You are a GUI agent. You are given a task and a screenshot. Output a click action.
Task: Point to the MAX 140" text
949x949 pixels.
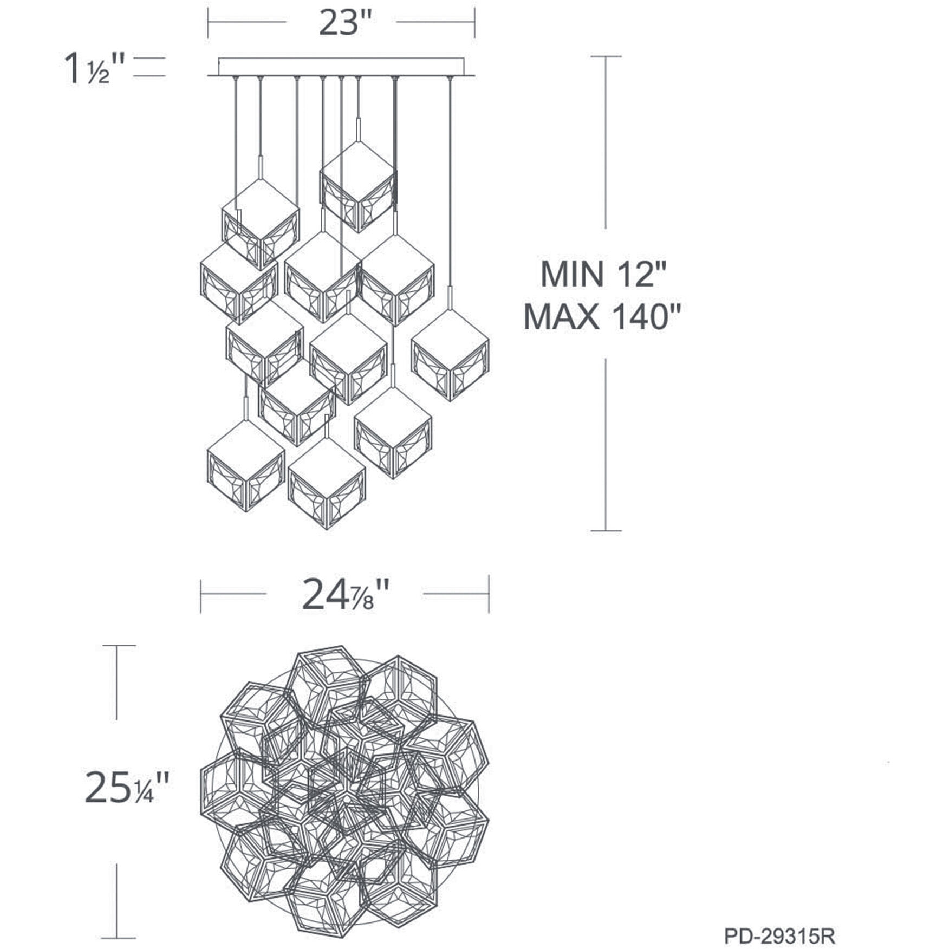tap(601, 316)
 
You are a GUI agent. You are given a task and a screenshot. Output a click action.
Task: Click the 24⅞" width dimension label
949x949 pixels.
tap(345, 595)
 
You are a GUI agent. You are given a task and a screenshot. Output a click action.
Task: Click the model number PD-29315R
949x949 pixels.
tap(779, 935)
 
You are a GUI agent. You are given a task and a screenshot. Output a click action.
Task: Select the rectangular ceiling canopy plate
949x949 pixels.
tap(341, 66)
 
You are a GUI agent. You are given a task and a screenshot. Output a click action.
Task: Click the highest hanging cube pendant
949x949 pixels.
tap(357, 187)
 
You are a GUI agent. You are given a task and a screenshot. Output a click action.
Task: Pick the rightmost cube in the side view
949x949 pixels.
tap(450, 355)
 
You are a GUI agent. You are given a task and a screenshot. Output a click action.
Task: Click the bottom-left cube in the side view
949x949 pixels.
tap(246, 466)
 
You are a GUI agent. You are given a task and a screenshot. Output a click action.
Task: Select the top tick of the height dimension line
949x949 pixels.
tap(606, 56)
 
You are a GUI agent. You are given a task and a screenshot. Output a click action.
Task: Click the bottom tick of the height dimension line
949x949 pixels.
tap(606, 531)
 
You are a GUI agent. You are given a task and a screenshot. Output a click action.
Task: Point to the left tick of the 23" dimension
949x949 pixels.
tap(209, 23)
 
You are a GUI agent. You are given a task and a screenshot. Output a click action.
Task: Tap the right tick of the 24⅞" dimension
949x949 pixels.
tap(489, 594)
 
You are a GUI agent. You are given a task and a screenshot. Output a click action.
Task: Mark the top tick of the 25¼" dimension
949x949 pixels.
tap(119, 646)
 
